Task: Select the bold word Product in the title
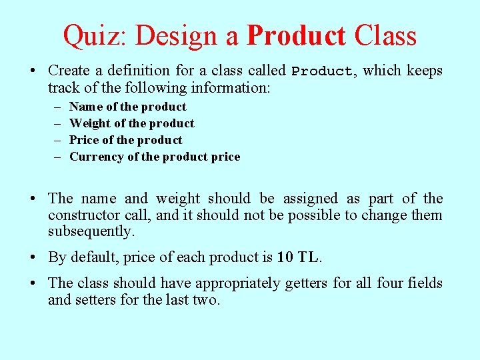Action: (296, 36)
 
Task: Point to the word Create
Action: (70, 71)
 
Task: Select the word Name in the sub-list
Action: (85, 107)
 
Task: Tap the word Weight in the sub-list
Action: (90, 123)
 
